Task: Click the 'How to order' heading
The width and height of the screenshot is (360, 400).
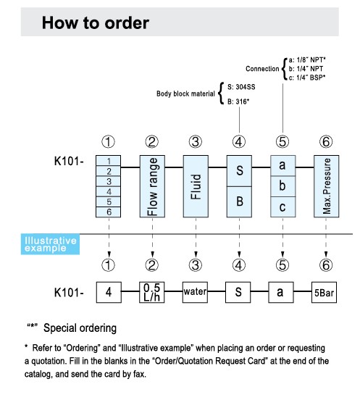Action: pyautogui.click(x=96, y=23)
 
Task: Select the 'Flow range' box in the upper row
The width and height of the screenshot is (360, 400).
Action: pyautogui.click(x=152, y=186)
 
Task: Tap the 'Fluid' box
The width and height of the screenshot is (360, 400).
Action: pyautogui.click(x=196, y=186)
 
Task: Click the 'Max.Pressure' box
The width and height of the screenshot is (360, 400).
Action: pyautogui.click(x=327, y=186)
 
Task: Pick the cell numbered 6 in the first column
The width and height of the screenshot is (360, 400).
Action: pyautogui.click(x=109, y=212)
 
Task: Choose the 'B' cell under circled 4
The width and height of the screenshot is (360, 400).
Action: pyautogui.click(x=240, y=201)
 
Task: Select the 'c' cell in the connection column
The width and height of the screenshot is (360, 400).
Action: pyautogui.click(x=283, y=207)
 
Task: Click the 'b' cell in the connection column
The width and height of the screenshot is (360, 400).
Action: pyautogui.click(x=283, y=186)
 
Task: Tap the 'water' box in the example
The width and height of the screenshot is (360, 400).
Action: pyautogui.click(x=195, y=292)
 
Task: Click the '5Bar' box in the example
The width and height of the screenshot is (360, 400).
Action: pyautogui.click(x=324, y=292)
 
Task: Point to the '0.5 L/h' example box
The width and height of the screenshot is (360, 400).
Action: pyautogui.click(x=152, y=292)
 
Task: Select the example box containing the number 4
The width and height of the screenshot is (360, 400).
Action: pyautogui.click(x=109, y=292)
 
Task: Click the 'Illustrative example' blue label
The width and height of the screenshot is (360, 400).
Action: pyautogui.click(x=50, y=244)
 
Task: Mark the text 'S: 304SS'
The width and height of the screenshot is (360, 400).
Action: pyautogui.click(x=241, y=87)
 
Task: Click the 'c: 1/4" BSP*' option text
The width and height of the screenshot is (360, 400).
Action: pyautogui.click(x=307, y=78)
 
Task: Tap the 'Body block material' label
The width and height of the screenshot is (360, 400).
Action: pyautogui.click(x=185, y=93)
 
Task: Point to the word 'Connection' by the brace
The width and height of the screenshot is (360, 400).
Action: pyautogui.click(x=262, y=69)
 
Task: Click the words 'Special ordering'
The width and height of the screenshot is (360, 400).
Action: pyautogui.click(x=80, y=328)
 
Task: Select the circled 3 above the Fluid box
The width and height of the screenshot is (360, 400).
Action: pyautogui.click(x=196, y=142)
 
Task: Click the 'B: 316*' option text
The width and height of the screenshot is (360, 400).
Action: pyautogui.click(x=238, y=101)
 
